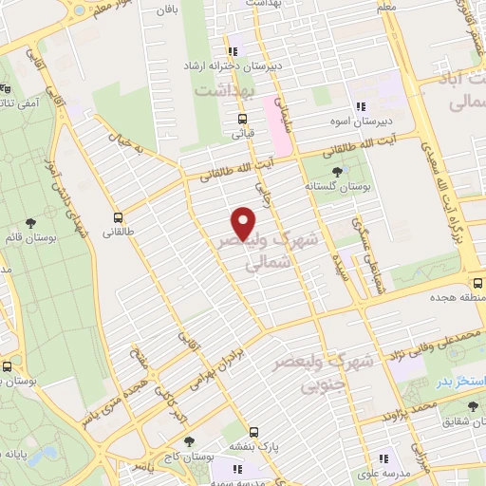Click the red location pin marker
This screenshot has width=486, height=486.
point(244,224)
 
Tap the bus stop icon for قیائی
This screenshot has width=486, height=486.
point(243,120)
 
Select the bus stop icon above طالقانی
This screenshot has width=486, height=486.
point(119,216)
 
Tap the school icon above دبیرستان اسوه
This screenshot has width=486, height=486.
point(360,106)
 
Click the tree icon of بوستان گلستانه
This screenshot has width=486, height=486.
point(339,171)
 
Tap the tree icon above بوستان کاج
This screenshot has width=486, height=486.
point(189,441)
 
